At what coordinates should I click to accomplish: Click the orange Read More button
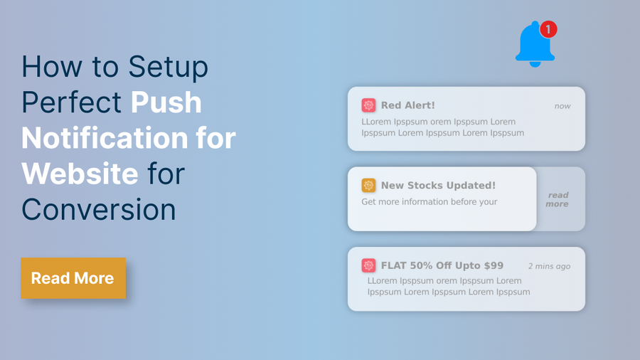[x=73, y=278]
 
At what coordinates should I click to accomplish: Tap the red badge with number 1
[x=548, y=29]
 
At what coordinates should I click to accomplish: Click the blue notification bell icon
[x=535, y=46]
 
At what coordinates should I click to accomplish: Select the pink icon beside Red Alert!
[x=368, y=105]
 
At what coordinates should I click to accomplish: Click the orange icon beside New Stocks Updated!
[x=368, y=185]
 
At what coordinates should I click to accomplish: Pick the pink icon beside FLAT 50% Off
[x=368, y=265]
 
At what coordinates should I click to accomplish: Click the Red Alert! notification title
[x=407, y=105]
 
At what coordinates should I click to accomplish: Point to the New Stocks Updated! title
[x=438, y=185]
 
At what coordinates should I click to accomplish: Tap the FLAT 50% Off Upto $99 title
[x=442, y=265]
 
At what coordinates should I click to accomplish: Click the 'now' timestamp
[x=562, y=106]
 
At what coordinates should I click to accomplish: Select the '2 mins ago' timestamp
[x=549, y=266]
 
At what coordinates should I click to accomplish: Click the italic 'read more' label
[x=558, y=200]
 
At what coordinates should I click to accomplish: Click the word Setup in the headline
[x=168, y=68]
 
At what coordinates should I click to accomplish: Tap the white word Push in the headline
[x=166, y=102]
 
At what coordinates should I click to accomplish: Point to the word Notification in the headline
[x=105, y=138]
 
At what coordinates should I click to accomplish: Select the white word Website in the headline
[x=80, y=174]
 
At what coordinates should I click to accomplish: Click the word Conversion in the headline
[x=99, y=210]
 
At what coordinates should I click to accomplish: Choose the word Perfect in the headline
[x=71, y=102]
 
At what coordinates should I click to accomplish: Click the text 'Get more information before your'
[x=430, y=202]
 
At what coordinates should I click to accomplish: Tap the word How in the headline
[x=52, y=67]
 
